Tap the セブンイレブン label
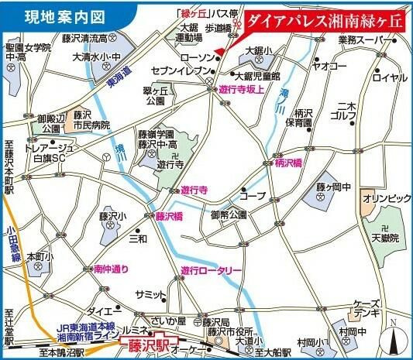point(175,70)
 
